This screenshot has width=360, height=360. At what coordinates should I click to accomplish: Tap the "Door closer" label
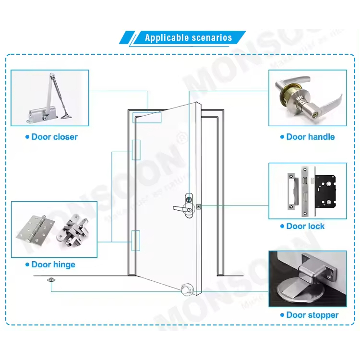tap(54, 137)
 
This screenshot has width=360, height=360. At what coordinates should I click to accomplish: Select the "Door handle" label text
tap(310, 137)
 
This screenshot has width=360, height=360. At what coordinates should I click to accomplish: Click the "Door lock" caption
tap(305, 226)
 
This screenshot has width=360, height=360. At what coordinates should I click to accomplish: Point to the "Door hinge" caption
tap(53, 264)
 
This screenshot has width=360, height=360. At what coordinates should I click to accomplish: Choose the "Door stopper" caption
tap(312, 315)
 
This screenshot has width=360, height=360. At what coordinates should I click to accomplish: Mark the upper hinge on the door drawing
tap(136, 150)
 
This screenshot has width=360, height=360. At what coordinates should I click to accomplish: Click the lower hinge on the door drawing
tap(136, 240)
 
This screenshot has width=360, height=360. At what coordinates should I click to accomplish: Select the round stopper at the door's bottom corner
tap(186, 290)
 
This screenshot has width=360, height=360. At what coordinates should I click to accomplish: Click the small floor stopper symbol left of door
tap(50, 280)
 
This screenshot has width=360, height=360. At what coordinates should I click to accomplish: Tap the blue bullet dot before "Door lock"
tap(282, 227)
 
